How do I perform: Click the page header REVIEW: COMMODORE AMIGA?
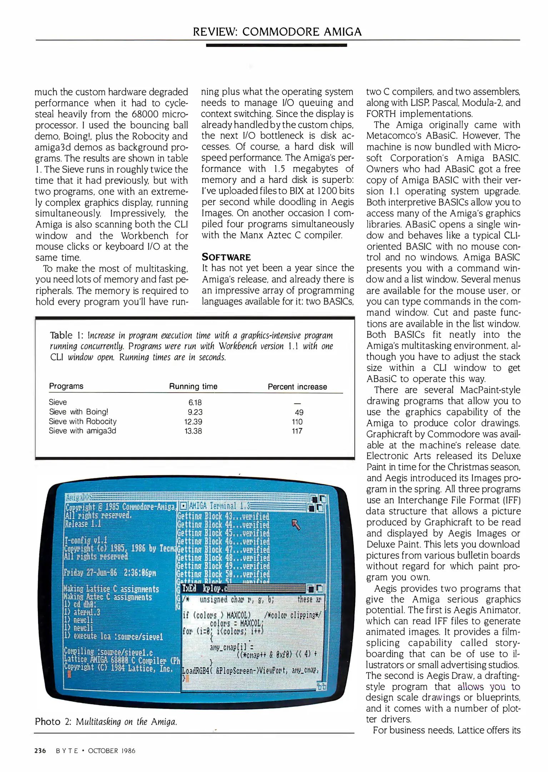click(x=277, y=32)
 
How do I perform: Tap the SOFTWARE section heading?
click(x=226, y=257)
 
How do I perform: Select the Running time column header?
click(x=193, y=386)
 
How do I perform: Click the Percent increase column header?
click(x=297, y=387)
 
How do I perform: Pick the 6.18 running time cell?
click(x=195, y=402)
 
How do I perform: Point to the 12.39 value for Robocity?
click(x=193, y=422)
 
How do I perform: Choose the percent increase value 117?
click(x=297, y=431)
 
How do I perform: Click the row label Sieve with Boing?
click(x=79, y=412)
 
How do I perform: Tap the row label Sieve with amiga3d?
click(x=83, y=431)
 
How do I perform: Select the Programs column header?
click(x=66, y=386)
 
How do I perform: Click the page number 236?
click(x=40, y=751)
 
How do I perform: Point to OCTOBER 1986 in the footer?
click(x=111, y=751)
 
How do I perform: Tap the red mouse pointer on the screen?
click(x=296, y=525)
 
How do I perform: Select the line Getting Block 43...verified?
click(x=223, y=516)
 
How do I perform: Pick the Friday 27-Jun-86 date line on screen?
click(x=110, y=572)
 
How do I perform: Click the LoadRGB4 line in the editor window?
click(x=250, y=670)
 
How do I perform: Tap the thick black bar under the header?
click(x=276, y=45)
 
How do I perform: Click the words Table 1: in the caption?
click(x=66, y=335)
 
